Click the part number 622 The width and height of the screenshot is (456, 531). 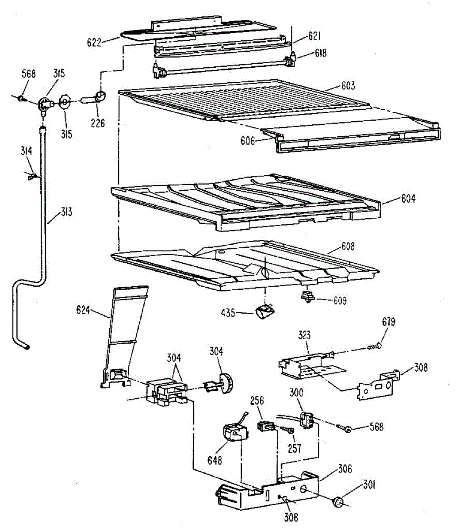tap(95, 42)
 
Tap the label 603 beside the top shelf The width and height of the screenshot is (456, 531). tap(348, 85)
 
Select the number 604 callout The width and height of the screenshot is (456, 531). tap(408, 199)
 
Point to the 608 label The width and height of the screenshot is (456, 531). tap(347, 246)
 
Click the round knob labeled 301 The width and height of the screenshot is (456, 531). tap(339, 501)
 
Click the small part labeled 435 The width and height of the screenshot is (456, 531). tap(264, 312)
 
